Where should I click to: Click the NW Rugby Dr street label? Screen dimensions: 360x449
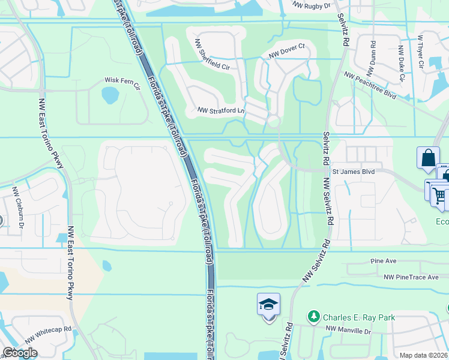pos(312,5)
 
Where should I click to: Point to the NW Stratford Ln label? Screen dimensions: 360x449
pos(221,110)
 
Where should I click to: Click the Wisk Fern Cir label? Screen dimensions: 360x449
pos(122,80)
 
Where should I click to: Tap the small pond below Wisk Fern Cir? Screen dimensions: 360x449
pos(110,94)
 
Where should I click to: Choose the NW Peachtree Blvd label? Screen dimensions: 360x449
pos(370,86)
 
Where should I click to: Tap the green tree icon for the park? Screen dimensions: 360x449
pos(312,316)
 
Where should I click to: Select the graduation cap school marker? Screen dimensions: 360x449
pos(268,305)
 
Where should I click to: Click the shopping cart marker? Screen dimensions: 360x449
pos(439,195)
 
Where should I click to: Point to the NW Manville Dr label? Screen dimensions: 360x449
pos(349,329)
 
